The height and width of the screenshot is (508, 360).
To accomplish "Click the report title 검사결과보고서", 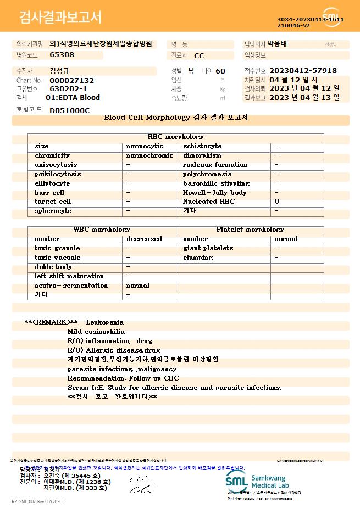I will point(60,18).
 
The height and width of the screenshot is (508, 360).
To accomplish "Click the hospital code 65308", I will point(62,55).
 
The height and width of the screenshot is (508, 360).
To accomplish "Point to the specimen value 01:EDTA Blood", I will point(73,98).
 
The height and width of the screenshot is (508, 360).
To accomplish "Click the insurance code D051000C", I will point(69,110).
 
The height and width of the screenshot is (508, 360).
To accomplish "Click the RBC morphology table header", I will point(176,137).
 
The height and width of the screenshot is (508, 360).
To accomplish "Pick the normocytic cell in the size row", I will point(145,146).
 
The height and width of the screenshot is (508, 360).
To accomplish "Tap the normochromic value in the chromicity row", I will point(149,155).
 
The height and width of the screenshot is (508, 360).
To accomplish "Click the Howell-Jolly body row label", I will point(215,193).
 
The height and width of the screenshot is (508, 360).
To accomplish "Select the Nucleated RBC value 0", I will point(276,202).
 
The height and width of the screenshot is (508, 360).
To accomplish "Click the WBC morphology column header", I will point(102,230).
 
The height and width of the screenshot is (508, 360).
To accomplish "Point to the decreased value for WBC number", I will point(144,239).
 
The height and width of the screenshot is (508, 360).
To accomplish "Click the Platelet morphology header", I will point(250,230).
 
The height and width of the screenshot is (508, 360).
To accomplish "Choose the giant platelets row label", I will point(208,248).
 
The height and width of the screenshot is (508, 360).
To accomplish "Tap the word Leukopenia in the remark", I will point(104,322).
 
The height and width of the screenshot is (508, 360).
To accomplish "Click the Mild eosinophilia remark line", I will point(96,332).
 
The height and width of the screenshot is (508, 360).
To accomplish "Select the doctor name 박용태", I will point(277,44).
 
